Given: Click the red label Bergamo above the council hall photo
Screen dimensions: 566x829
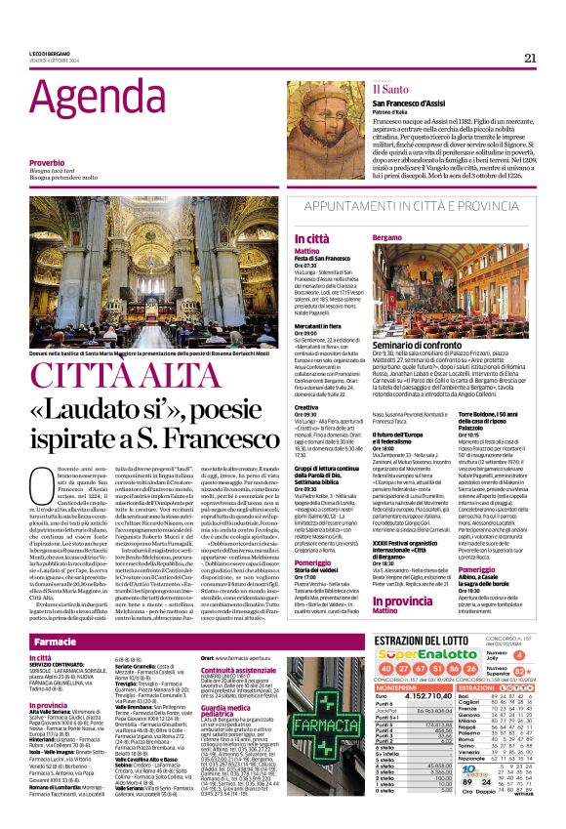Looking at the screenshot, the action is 387,237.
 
